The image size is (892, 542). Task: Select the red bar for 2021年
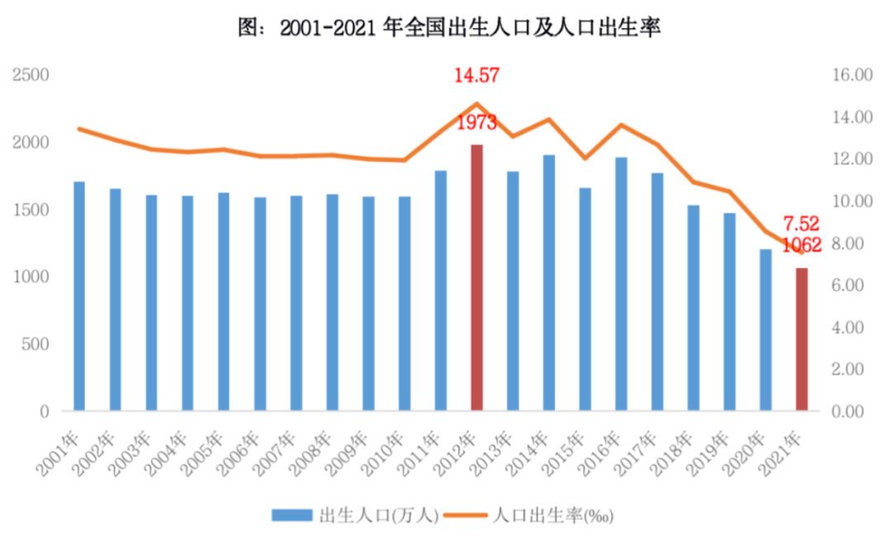pos(801,339)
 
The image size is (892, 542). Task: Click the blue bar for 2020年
pos(766,330)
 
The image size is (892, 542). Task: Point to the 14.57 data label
pos(477,76)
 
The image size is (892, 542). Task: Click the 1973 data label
pos(477,123)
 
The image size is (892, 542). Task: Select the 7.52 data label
pos(801,224)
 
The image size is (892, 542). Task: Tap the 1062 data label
pos(801,245)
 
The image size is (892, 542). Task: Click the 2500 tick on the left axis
pos(31,75)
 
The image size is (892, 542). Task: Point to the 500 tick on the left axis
pos(36,344)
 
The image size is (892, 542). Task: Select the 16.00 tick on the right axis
pos(851,75)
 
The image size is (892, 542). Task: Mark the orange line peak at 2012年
pos(477,103)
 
